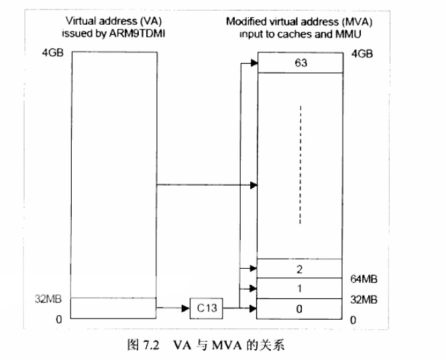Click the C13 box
[x=207, y=308]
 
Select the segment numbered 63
[x=300, y=62]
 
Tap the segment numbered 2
[x=300, y=269]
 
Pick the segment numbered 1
[x=300, y=289]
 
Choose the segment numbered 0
[x=300, y=309]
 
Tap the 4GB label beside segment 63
[x=363, y=53]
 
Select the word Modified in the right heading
[x=244, y=21]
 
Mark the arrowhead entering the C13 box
[x=186, y=308]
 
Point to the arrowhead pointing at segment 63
[x=253, y=63]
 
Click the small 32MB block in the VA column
[x=113, y=308]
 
